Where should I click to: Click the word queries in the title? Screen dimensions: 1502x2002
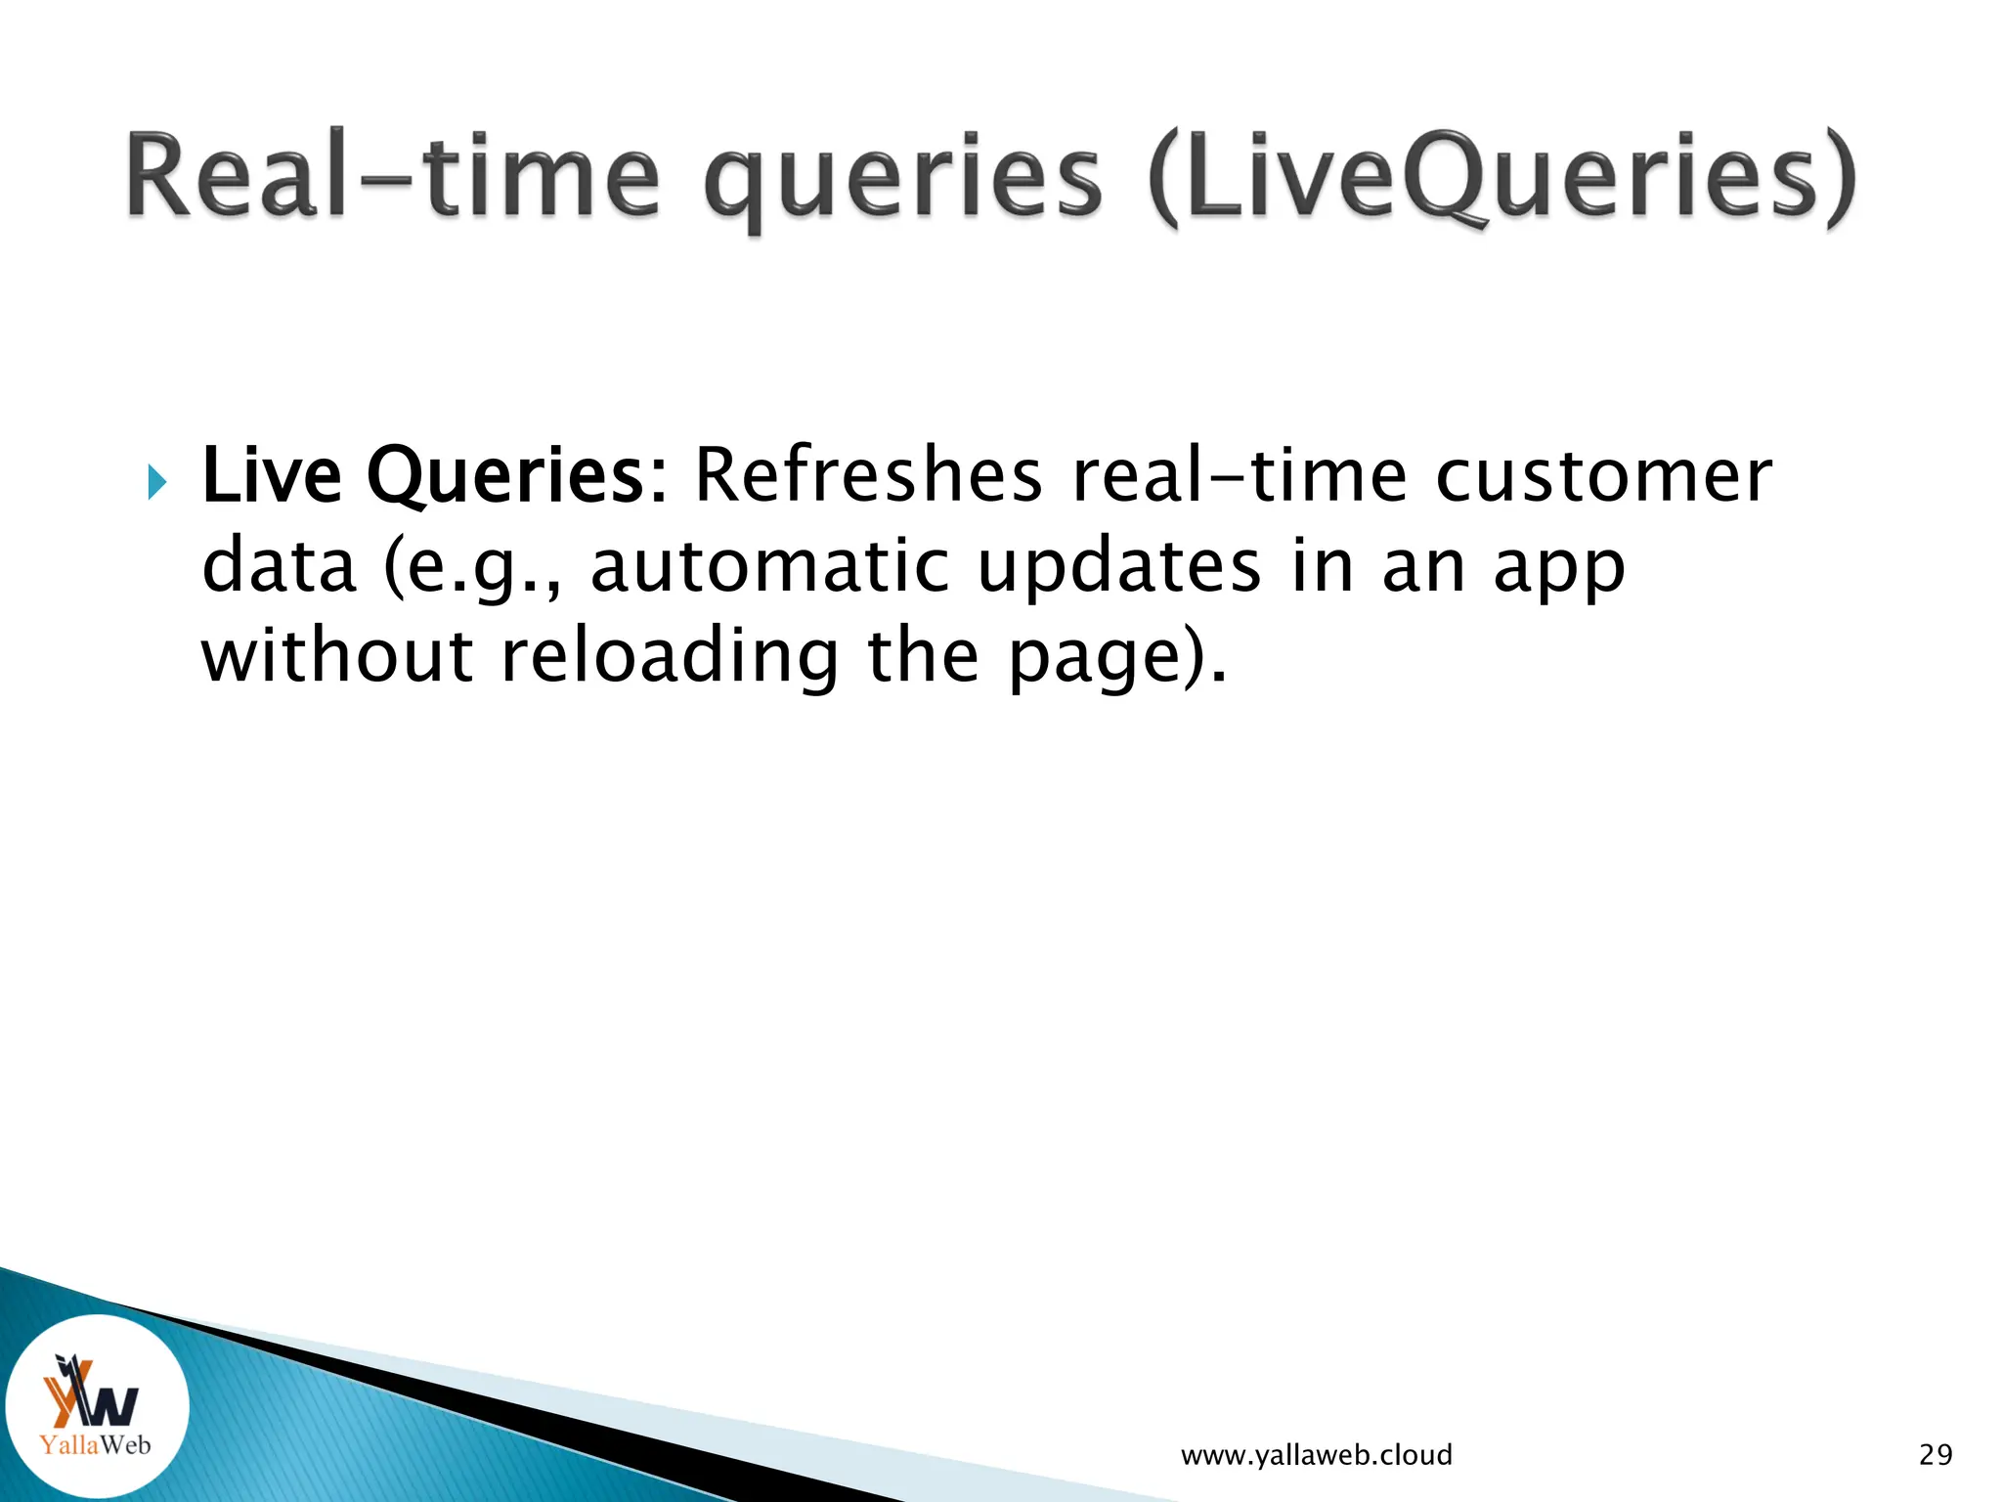point(901,181)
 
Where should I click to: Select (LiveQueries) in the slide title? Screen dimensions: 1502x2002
point(1501,178)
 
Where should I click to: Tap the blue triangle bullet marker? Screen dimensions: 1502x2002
point(157,482)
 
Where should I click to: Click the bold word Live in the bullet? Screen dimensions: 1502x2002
point(271,475)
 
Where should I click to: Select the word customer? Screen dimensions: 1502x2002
point(1603,475)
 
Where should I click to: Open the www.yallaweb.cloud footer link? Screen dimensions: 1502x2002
point(1316,1455)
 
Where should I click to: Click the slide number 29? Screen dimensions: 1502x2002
point(1936,1455)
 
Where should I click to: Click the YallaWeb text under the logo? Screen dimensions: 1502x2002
point(96,1444)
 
